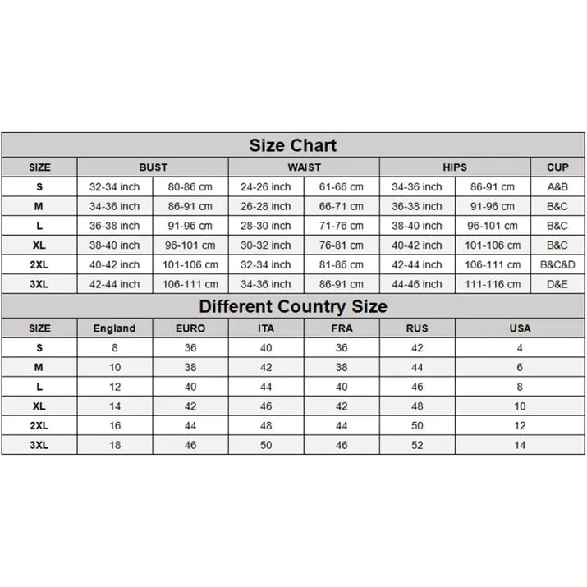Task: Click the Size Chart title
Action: tap(293, 146)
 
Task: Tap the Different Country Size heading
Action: tap(293, 307)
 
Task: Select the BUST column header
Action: tap(153, 167)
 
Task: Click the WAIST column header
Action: tap(304, 167)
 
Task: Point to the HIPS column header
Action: tap(455, 167)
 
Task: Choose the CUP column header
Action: tap(557, 167)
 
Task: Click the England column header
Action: tap(114, 328)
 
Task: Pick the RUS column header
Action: tap(417, 328)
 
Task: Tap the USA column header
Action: tap(520, 328)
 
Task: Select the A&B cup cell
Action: tap(557, 187)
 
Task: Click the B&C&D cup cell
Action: tap(557, 265)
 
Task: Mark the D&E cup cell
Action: tap(557, 284)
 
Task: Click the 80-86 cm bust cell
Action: tap(190, 187)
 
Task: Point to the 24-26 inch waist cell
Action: tap(266, 187)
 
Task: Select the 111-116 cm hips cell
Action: tap(493, 284)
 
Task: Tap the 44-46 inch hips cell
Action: tap(417, 284)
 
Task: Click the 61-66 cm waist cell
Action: tap(342, 187)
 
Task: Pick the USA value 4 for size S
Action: tap(520, 348)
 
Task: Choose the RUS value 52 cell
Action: tap(417, 445)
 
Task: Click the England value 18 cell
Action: tap(114, 445)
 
